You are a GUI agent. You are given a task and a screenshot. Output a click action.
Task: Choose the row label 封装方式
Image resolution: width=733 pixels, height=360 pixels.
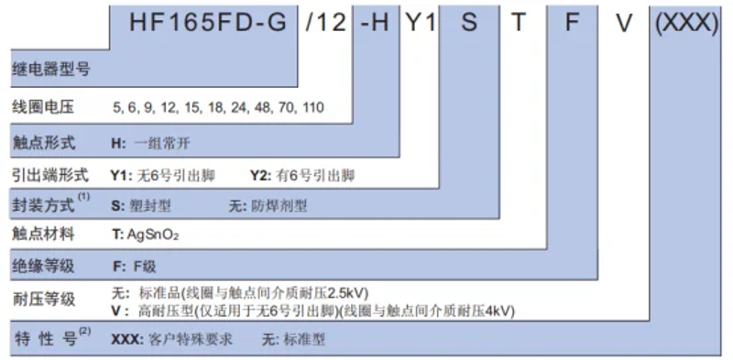point(42,203)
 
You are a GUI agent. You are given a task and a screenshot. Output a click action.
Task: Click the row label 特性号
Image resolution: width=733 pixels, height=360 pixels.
point(46,339)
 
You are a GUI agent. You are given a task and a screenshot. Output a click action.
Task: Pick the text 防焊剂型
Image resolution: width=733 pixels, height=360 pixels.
point(279,205)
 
